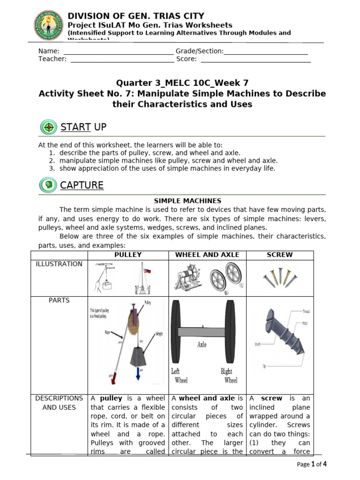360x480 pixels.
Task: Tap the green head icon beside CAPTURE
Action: tap(48, 185)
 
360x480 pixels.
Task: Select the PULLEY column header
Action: tap(128, 255)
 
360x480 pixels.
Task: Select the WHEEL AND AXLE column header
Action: tap(207, 255)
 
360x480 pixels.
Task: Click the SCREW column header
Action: tap(279, 255)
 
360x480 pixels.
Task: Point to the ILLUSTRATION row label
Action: tap(59, 264)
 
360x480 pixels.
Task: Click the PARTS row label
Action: tap(59, 300)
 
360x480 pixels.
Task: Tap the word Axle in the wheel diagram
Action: tap(202, 344)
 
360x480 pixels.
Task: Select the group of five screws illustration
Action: tap(279, 277)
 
